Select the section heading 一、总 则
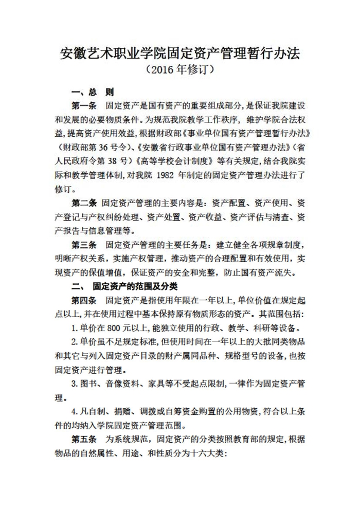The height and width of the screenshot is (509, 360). (x=93, y=93)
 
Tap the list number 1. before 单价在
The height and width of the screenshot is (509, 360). (x=75, y=328)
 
